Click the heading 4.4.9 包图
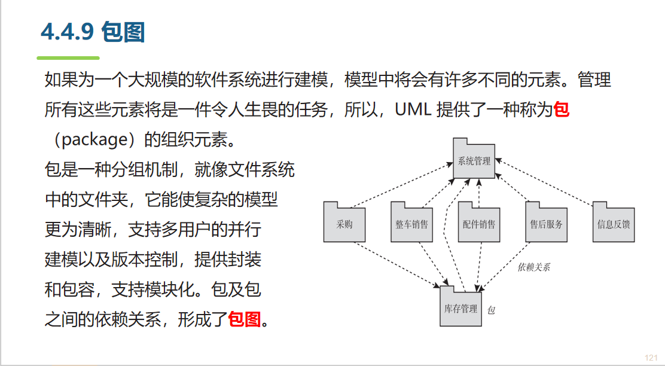point(93,32)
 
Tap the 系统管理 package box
point(474,160)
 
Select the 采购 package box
point(344,224)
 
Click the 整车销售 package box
point(411,224)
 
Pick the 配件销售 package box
point(478,224)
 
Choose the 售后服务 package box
point(546,224)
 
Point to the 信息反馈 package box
point(614,224)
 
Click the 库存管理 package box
point(460,309)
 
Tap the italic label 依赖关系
point(533,267)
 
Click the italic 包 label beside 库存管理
point(492,310)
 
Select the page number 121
point(651,357)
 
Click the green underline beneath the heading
point(68,58)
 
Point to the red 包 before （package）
point(561,110)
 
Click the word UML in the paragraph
point(413,111)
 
